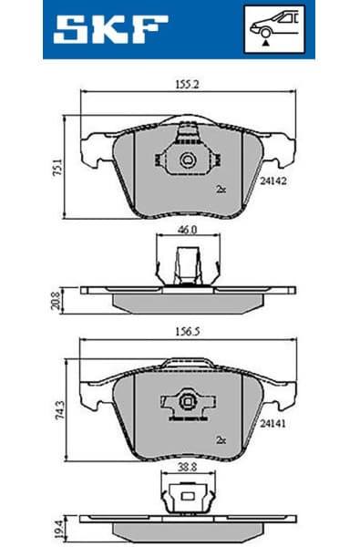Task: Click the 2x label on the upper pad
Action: (221, 190)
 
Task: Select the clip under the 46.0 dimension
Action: (188, 267)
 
